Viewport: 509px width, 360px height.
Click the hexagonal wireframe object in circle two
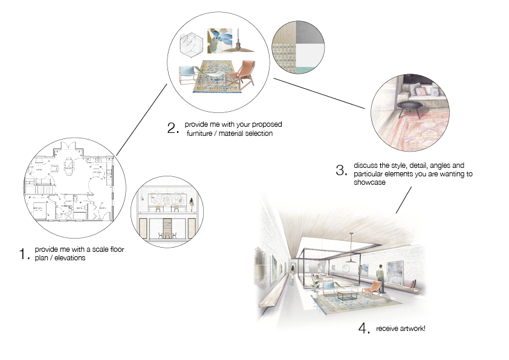pos(193,43)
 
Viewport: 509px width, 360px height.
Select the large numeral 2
pos(172,128)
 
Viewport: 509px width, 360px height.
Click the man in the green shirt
pos(380,274)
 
